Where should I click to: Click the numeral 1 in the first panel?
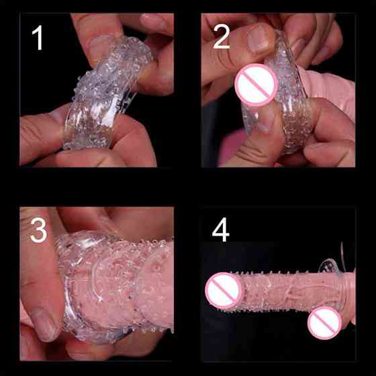(38, 38)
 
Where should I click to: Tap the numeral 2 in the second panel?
(221, 37)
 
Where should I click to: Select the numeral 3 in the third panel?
(39, 230)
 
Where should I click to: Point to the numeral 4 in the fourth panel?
(221, 230)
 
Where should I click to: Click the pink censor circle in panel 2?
(256, 85)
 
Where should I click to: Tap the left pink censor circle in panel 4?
(224, 290)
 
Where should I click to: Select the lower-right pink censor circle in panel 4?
(325, 323)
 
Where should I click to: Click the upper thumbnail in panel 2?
(259, 40)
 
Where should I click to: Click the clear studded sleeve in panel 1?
(105, 93)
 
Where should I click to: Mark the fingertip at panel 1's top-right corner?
(156, 23)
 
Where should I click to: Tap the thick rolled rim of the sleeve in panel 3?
(70, 288)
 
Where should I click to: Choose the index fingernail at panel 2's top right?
(299, 47)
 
